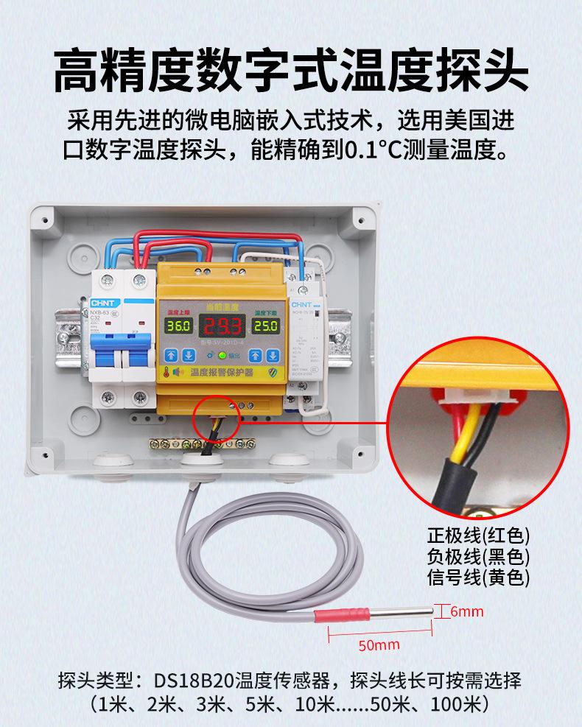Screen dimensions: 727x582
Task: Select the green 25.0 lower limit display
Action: click(x=265, y=326)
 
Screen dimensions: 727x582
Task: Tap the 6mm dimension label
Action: click(x=466, y=611)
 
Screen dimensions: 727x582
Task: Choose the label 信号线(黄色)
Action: click(x=478, y=577)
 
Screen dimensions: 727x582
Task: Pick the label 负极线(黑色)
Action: click(x=478, y=557)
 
